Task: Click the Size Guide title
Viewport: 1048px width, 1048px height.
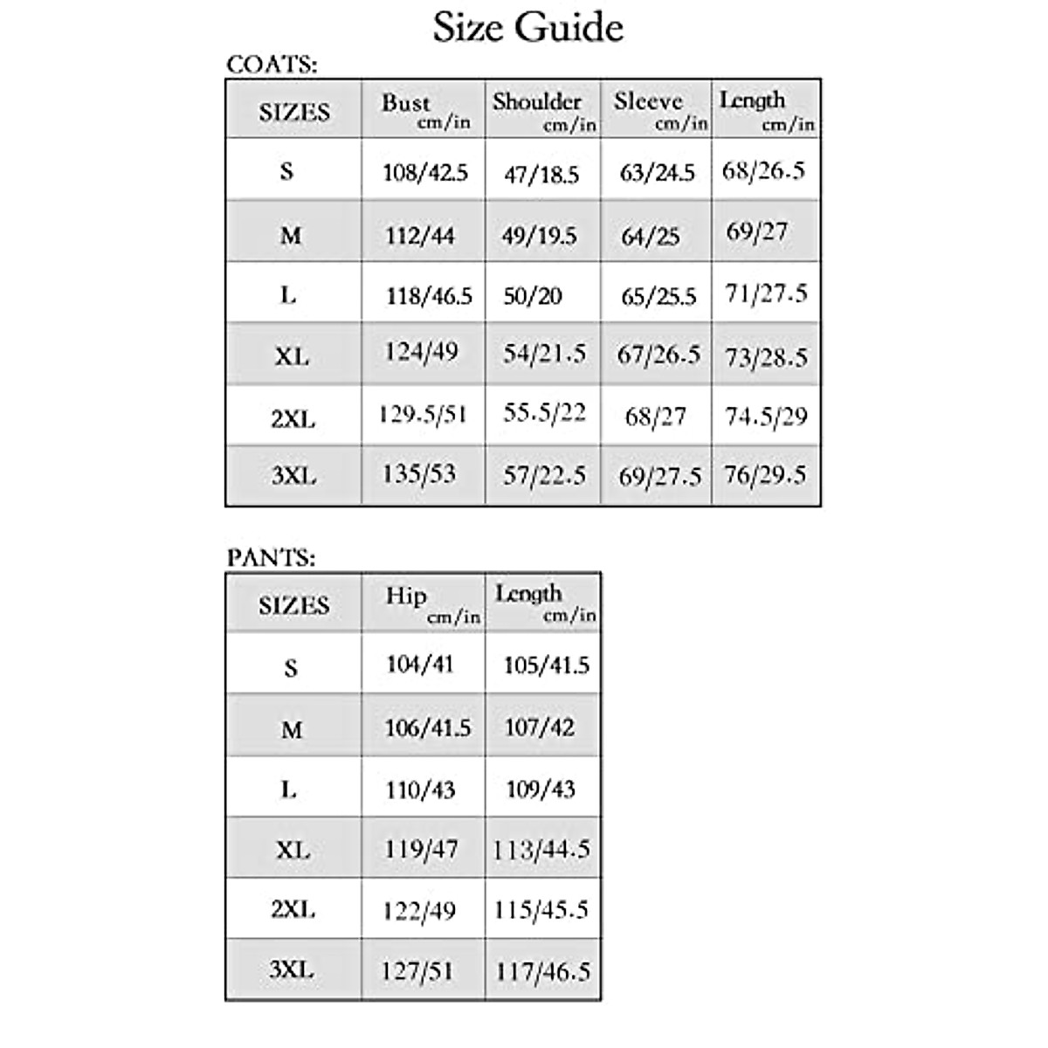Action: coord(527,27)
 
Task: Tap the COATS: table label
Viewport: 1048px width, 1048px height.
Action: coord(272,64)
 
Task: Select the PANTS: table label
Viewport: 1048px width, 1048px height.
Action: coord(271,557)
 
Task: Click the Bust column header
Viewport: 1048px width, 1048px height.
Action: coord(406,103)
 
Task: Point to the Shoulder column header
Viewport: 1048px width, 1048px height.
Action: coord(537,101)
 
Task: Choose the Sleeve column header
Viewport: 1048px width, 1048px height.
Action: coord(648,101)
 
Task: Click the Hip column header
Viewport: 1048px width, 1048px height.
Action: coord(406,596)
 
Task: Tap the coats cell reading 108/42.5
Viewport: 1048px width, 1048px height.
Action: coord(425,172)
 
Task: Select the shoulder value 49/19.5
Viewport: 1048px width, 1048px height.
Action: coord(539,236)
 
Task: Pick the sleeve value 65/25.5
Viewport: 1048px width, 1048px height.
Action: coord(658,297)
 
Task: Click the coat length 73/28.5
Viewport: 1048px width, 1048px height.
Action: coord(766,357)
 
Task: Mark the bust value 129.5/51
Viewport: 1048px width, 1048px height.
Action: coord(423,413)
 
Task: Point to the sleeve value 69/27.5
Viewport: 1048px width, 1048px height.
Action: coord(659,476)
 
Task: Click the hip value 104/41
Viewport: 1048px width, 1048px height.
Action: coord(420,665)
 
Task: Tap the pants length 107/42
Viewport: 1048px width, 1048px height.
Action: coord(540,727)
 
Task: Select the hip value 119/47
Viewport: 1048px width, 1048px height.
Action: coord(421,849)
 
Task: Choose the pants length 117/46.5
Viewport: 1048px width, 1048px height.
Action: coord(543,971)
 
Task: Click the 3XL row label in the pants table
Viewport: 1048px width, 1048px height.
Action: coord(292,969)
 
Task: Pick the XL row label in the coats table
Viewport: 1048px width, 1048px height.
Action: coord(292,356)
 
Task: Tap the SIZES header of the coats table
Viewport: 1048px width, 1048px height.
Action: coord(294,113)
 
